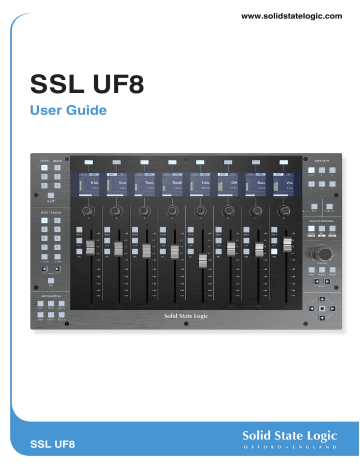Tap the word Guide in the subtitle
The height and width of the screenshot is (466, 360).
[90, 109]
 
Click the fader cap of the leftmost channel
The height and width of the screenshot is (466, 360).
[89, 247]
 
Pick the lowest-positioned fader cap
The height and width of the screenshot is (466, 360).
[201, 261]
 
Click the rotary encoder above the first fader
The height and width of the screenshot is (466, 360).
[88, 212]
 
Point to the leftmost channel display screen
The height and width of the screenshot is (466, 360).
[88, 184]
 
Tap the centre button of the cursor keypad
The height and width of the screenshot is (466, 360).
[322, 309]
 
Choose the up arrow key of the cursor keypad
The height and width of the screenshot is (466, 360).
[322, 298]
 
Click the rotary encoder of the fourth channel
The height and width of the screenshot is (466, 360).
[173, 212]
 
